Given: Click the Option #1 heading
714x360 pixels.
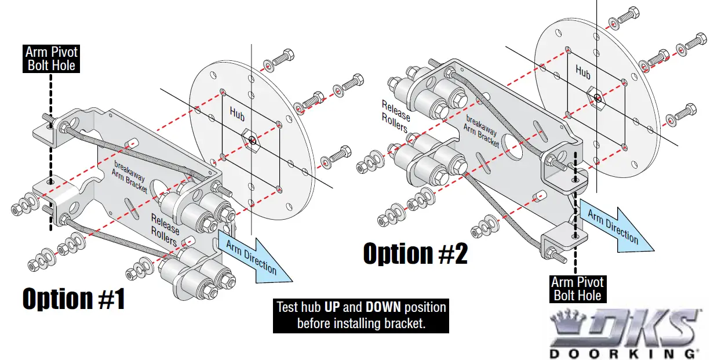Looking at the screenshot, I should pos(74,299).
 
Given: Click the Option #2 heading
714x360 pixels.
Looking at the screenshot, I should pos(415,254).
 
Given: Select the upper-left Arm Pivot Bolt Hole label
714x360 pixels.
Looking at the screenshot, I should pos(52,59).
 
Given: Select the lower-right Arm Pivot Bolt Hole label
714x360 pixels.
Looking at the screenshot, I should pos(577,289).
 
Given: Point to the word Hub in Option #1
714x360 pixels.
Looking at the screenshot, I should pos(237,112).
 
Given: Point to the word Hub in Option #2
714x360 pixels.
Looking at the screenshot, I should pos(582,72).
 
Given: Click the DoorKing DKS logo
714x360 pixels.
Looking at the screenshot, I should pos(623,327).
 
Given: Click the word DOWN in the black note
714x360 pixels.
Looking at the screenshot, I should pos(383,307).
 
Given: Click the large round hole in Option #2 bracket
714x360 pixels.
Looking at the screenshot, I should pos(512,143).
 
